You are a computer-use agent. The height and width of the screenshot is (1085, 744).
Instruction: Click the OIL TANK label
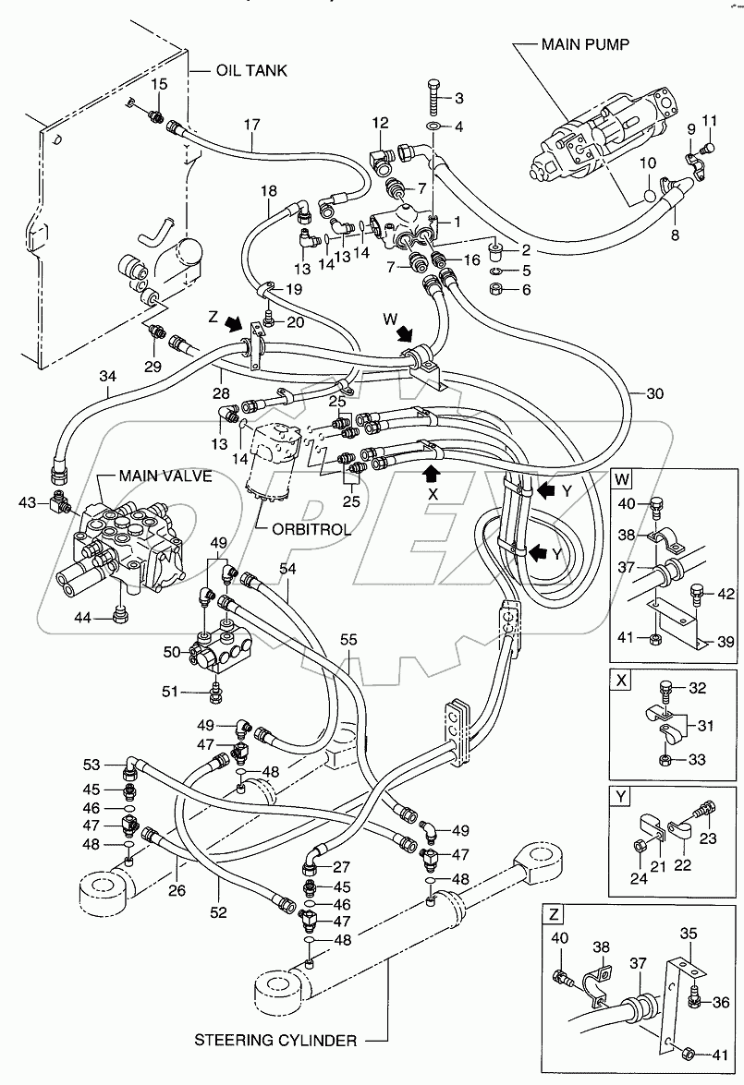(251, 70)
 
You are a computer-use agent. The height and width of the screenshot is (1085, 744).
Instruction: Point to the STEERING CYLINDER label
(275, 1041)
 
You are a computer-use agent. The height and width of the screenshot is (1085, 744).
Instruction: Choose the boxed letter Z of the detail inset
(554, 915)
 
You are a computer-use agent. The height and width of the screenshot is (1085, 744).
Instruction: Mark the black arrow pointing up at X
(431, 474)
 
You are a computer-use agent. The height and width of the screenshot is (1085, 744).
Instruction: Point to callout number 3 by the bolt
(457, 99)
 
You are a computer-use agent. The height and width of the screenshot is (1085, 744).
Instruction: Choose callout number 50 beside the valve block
(172, 652)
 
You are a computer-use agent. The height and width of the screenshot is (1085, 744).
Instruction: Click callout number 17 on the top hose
(251, 125)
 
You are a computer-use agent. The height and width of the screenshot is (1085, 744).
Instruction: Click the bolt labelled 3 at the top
(434, 96)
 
